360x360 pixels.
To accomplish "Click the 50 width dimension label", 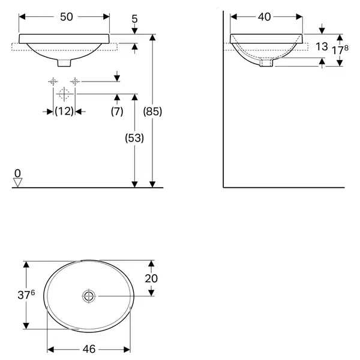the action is click(67, 17).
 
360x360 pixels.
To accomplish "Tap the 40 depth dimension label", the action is click(264, 17).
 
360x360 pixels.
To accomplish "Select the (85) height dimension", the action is click(152, 112).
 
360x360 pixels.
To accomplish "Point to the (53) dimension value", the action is click(134, 138).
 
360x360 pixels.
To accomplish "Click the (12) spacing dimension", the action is click(64, 112).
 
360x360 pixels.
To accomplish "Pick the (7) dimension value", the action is click(117, 112).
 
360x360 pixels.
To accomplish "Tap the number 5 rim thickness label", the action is click(134, 19).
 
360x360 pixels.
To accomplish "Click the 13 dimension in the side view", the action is click(322, 47).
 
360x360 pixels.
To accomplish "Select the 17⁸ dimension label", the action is click(340, 50).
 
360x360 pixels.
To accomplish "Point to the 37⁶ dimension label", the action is click(26, 295).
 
